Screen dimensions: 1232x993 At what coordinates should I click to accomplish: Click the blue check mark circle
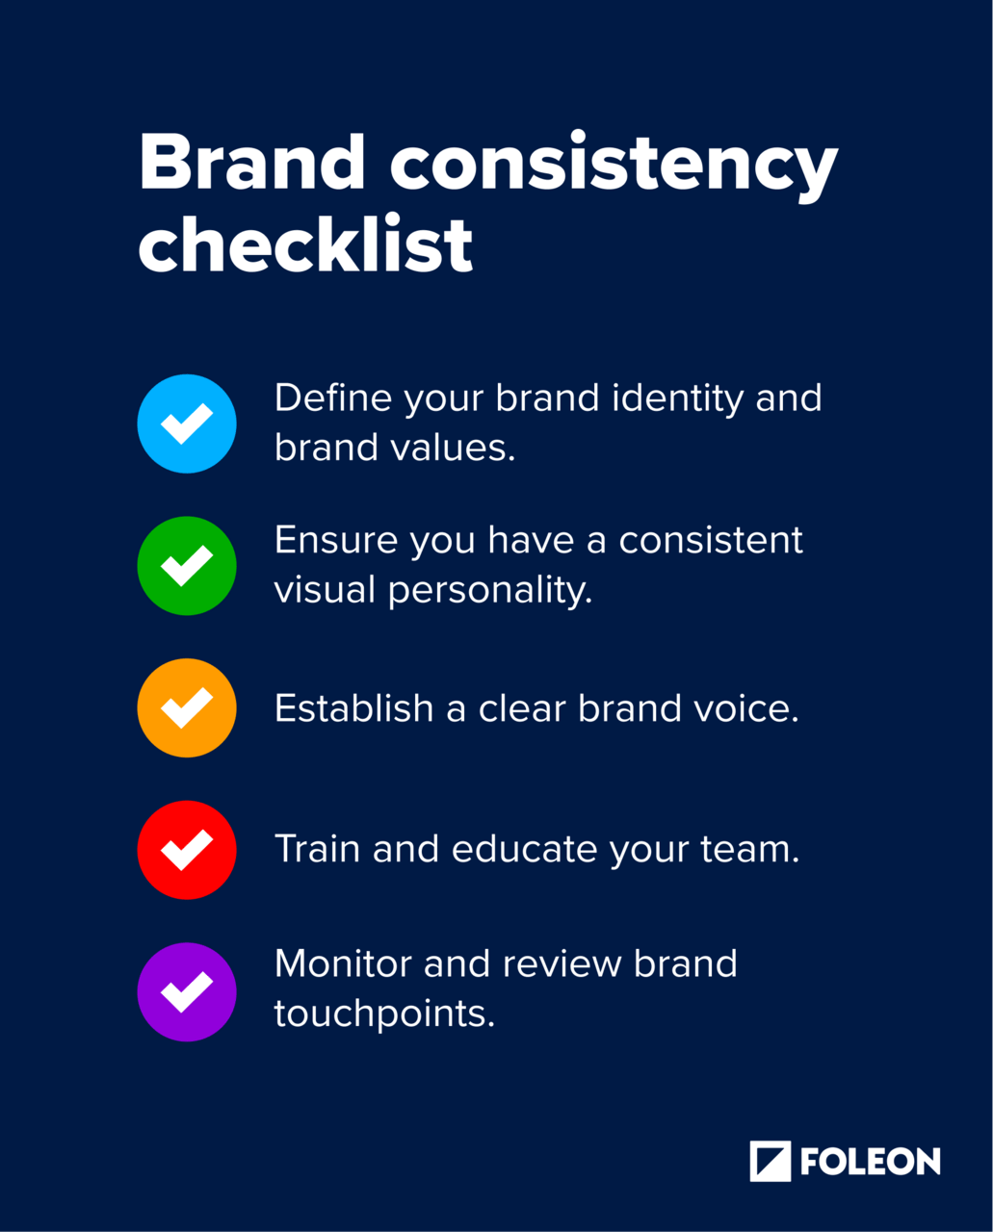[x=187, y=423]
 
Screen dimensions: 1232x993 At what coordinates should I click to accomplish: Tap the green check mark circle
[x=187, y=566]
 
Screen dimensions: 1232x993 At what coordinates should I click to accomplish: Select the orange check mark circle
[x=187, y=707]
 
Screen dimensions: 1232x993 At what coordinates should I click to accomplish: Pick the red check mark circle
[x=187, y=850]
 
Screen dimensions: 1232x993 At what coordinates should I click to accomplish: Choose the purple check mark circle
[x=187, y=991]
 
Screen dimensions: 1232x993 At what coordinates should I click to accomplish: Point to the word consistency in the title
[x=614, y=166]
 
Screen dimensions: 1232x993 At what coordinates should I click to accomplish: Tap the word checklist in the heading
[x=305, y=244]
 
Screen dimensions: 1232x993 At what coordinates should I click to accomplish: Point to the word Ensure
[x=335, y=540]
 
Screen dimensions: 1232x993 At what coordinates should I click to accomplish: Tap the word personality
[x=489, y=591]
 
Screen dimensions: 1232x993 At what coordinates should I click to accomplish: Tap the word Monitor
[x=343, y=964]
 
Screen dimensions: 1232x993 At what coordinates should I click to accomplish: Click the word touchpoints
[x=384, y=1014]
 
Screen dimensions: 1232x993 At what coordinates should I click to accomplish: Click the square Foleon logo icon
[x=770, y=1161]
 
